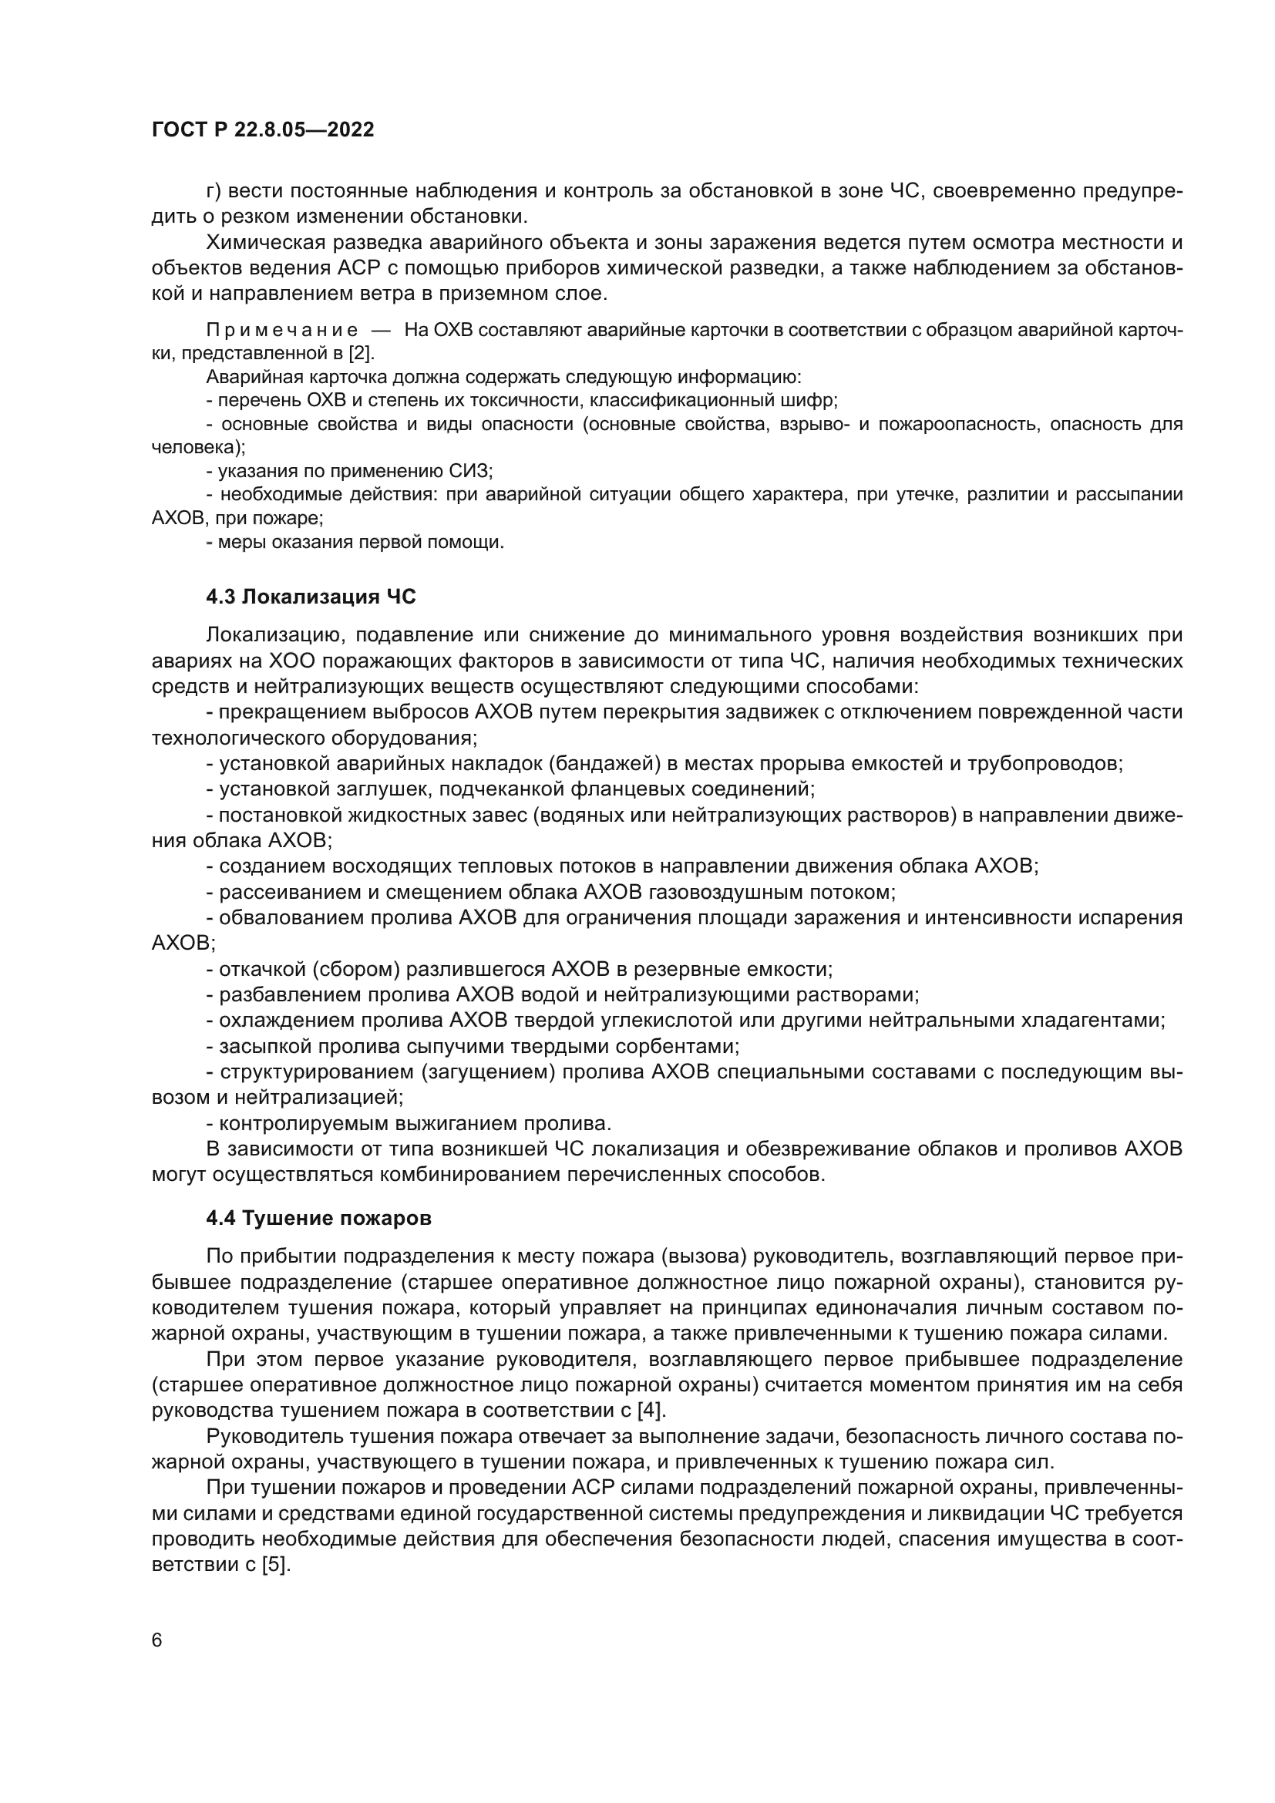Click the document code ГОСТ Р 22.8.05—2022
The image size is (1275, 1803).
point(262,130)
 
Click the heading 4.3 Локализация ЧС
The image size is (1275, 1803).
point(310,597)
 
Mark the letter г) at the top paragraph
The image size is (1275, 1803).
point(214,192)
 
